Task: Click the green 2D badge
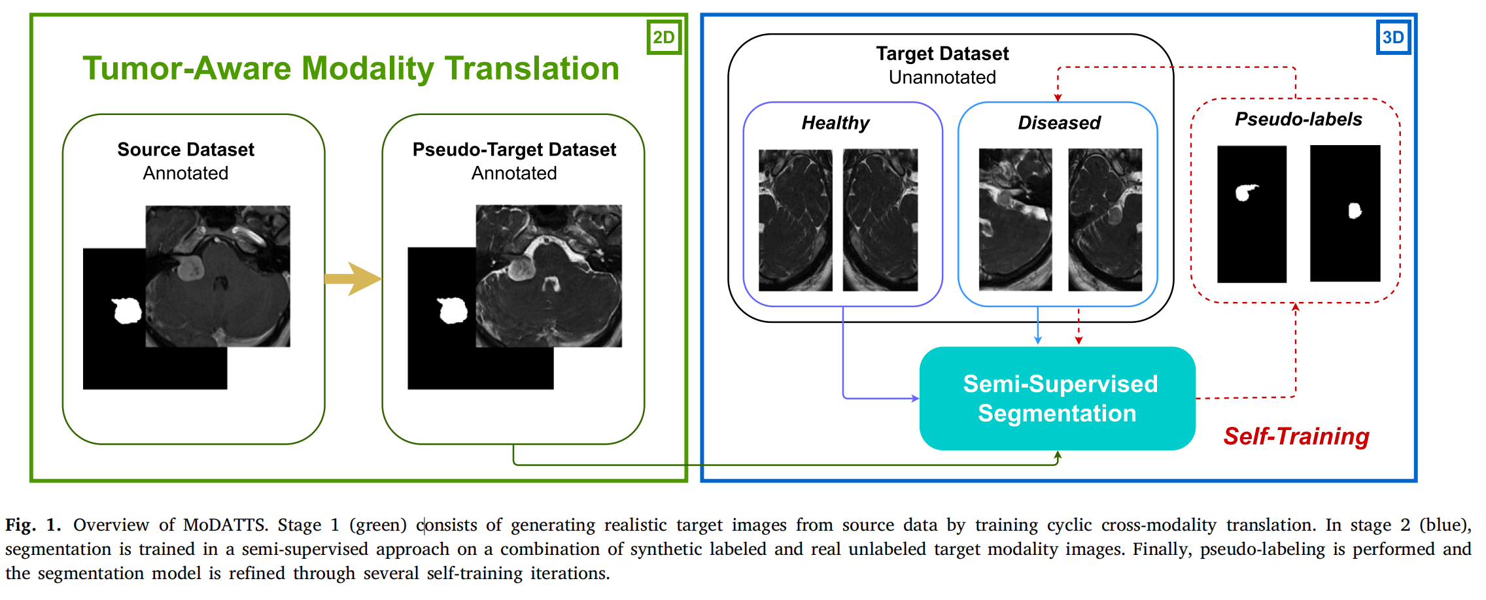pyautogui.click(x=664, y=37)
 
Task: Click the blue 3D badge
pyautogui.click(x=1392, y=37)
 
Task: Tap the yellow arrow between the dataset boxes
pyautogui.click(x=353, y=279)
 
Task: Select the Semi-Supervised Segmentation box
pyautogui.click(x=1057, y=398)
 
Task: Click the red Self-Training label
pyautogui.click(x=1296, y=436)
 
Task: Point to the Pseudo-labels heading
pyautogui.click(x=1298, y=119)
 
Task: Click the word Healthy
pyautogui.click(x=835, y=123)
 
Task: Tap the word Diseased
pyautogui.click(x=1059, y=123)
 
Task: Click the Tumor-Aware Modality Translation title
pyautogui.click(x=351, y=69)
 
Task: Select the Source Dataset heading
pyautogui.click(x=186, y=150)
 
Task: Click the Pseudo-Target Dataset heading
pyautogui.click(x=514, y=150)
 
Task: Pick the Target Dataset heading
pyautogui.click(x=942, y=54)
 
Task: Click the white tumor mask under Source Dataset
pyautogui.click(x=127, y=310)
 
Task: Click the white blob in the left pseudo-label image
pyautogui.click(x=1245, y=192)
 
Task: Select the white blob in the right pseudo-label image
pyautogui.click(x=1355, y=210)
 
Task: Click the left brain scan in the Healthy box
pyautogui.click(x=795, y=220)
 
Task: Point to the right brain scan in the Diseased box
pyautogui.click(x=1105, y=220)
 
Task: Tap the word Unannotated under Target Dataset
pyautogui.click(x=942, y=77)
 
